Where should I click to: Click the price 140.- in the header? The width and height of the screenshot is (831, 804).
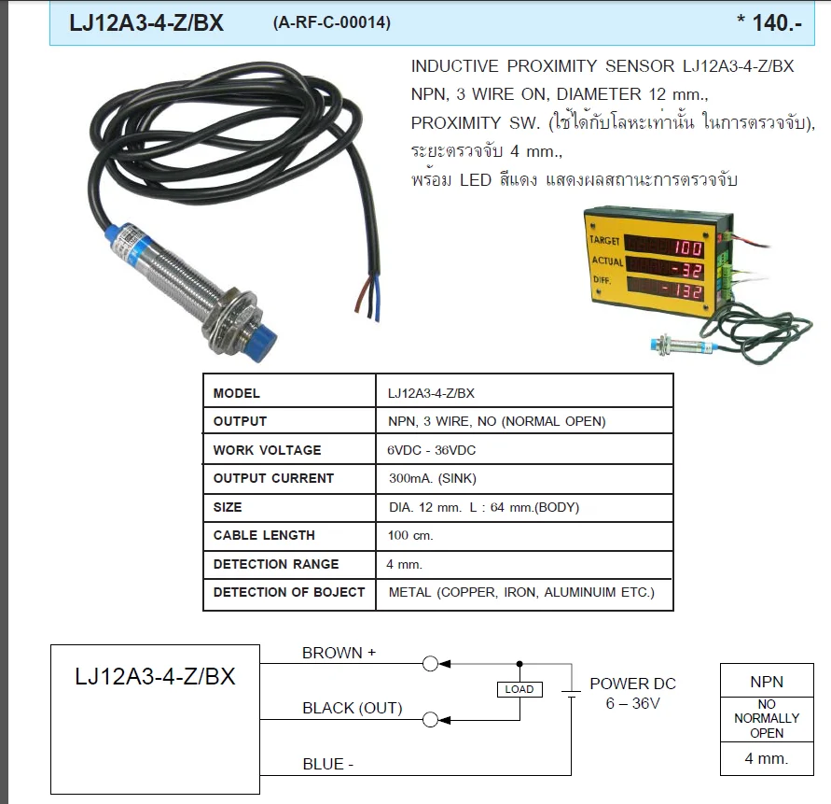[776, 23]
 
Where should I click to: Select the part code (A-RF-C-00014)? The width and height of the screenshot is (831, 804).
[331, 23]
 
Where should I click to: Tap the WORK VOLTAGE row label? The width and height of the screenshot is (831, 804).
[267, 450]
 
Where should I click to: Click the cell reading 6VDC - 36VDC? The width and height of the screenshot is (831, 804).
[433, 450]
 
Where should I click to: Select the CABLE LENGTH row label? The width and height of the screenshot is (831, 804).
[264, 535]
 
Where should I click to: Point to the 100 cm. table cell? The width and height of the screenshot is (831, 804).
[410, 536]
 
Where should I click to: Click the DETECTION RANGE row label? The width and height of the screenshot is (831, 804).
[276, 564]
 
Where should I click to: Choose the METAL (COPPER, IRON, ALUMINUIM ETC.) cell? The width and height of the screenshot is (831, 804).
[521, 592]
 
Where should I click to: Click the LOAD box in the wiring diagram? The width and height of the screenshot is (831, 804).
[519, 689]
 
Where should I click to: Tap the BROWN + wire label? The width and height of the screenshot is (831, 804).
[339, 653]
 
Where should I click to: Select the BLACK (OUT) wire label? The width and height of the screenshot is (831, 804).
[352, 708]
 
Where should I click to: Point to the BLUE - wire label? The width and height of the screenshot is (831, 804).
[327, 764]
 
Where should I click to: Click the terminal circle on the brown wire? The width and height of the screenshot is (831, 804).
[430, 664]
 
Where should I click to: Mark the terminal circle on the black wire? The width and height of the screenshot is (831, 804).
[430, 719]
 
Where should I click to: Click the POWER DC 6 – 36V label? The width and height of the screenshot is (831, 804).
[632, 693]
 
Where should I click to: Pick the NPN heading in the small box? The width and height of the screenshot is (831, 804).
[767, 682]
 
